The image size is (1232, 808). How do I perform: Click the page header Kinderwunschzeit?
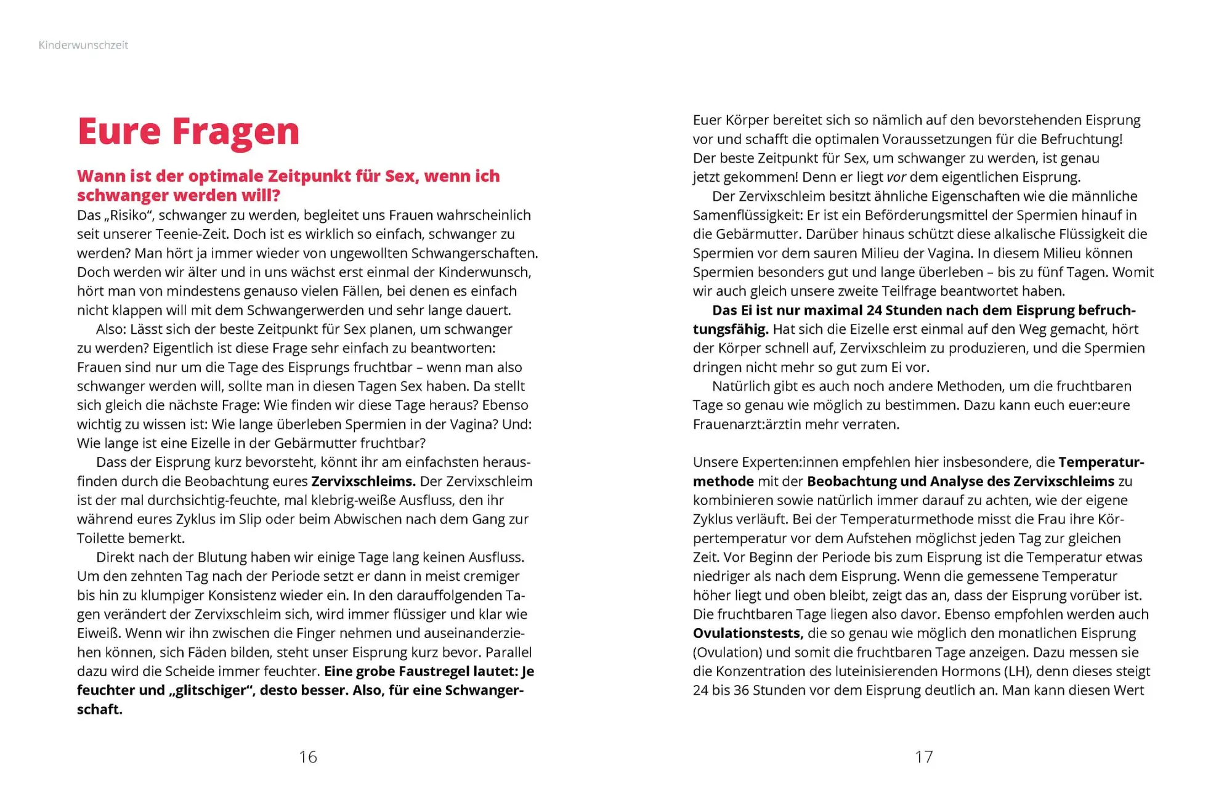(x=83, y=45)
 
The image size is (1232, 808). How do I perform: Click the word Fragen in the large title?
(x=235, y=132)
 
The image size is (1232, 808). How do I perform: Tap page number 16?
(x=308, y=757)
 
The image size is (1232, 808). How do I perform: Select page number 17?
(x=924, y=757)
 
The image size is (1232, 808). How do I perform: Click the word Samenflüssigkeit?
(x=745, y=215)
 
